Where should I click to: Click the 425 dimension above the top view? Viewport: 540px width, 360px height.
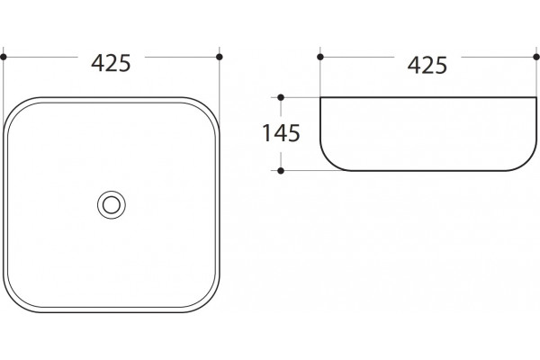pos(111,63)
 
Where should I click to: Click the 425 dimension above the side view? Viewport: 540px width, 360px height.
pos(427,65)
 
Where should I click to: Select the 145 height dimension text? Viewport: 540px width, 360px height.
pos(281,133)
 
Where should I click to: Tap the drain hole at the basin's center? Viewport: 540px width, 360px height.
pos(112,205)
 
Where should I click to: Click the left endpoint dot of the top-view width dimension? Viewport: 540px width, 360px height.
pos(4,57)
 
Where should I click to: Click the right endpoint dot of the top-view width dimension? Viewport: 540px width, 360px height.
pos(220,57)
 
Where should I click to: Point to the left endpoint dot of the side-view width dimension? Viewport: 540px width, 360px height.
pos(320,57)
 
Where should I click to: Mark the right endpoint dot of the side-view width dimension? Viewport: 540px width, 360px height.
pos(536,57)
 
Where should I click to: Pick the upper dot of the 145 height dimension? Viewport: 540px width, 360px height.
pos(281,97)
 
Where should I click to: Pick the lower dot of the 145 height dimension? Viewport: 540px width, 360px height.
pos(281,170)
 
